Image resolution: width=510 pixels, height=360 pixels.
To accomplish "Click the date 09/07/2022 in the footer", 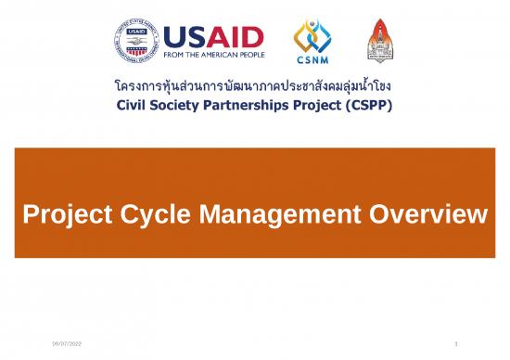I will (x=67, y=345).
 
